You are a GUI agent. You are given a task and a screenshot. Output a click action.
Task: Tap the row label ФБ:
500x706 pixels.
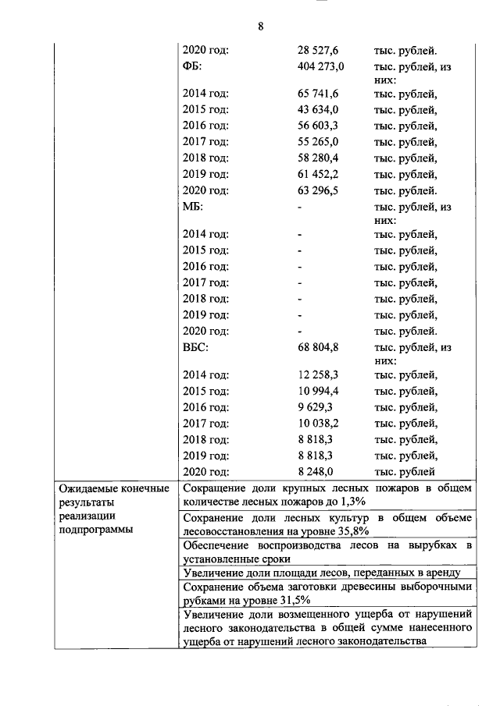[191, 66]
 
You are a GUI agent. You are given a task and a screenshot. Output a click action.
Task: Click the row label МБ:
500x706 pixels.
[192, 208]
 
